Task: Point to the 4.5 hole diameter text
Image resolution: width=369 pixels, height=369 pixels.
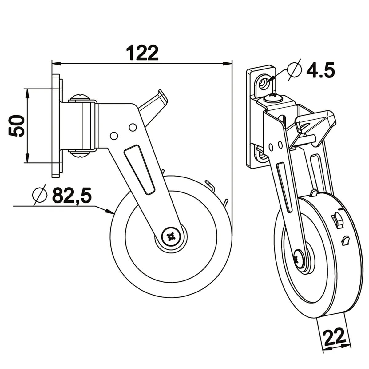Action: tap(320, 71)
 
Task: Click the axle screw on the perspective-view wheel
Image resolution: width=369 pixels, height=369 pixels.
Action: tap(299, 258)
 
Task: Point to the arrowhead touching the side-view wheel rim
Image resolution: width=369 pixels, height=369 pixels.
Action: tap(111, 211)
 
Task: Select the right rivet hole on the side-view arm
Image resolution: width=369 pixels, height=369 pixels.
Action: tap(133, 126)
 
